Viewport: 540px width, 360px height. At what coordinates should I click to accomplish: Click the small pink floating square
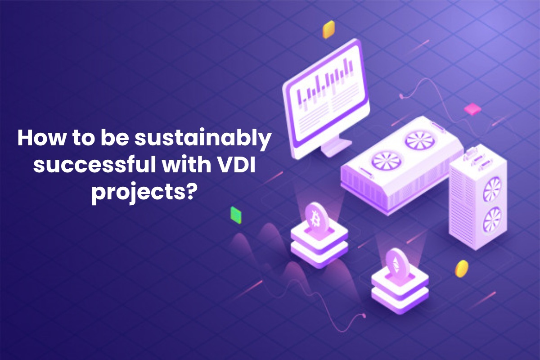(472, 108)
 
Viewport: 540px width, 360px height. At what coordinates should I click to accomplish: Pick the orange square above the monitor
(329, 30)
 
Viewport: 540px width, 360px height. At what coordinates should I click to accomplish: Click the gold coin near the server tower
(461, 268)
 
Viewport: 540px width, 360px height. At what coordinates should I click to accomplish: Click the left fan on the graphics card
(381, 161)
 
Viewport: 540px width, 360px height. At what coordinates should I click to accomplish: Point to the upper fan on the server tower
(492, 188)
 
